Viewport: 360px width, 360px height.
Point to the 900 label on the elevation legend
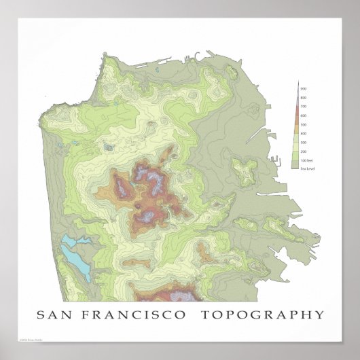[303, 89]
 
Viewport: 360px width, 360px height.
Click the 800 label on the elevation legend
[303, 98]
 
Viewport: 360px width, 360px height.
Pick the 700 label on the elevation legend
[303, 107]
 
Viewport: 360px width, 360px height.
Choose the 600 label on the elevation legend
[303, 115]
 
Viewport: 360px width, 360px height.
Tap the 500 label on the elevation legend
[303, 124]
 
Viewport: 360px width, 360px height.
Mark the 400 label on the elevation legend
[303, 133]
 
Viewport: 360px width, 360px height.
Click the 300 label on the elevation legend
[303, 142]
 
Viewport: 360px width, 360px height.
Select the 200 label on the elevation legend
[303, 151]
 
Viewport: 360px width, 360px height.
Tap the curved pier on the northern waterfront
[195, 55]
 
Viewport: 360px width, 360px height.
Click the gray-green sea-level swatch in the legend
[294, 166]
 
